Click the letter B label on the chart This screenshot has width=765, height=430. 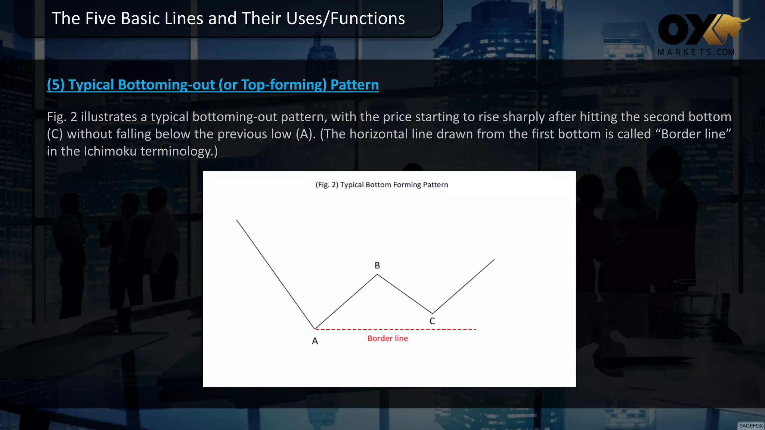click(x=377, y=265)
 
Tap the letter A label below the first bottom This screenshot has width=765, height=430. click(x=315, y=341)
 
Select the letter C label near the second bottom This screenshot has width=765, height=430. click(x=432, y=321)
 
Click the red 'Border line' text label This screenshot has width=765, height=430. click(x=388, y=339)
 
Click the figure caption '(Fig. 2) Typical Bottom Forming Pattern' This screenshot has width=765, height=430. click(x=382, y=185)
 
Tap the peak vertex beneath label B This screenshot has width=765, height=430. click(x=377, y=275)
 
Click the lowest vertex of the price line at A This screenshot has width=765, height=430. click(x=315, y=329)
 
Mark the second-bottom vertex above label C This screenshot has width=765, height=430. click(x=433, y=313)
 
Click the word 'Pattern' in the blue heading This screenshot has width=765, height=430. click(x=354, y=85)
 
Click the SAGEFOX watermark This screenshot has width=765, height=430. click(x=751, y=426)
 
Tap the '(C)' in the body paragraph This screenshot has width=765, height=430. click(x=55, y=134)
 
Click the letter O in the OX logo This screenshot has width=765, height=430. click(x=673, y=29)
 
